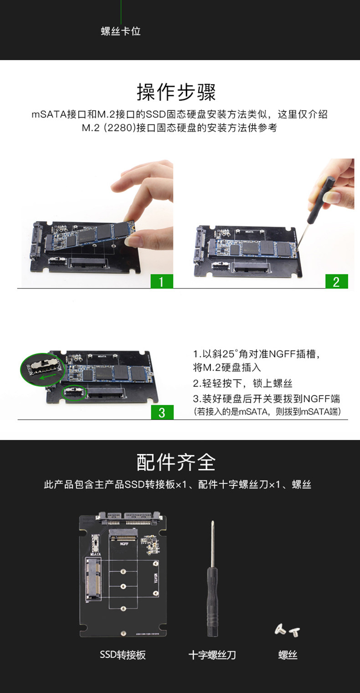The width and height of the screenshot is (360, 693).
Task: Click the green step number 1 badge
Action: (162, 281)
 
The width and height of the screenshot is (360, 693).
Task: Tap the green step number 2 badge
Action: (336, 281)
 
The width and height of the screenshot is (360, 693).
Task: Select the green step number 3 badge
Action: (162, 413)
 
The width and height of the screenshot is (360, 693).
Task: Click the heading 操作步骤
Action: (176, 92)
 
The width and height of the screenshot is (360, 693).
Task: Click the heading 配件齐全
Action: (176, 462)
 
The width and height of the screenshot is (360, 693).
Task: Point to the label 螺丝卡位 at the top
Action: (121, 31)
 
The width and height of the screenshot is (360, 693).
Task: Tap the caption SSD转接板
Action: (123, 655)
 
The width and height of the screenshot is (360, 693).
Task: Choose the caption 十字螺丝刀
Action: (212, 655)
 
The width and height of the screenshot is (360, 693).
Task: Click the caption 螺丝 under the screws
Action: (288, 655)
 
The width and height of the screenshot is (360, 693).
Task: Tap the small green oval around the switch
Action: (74, 393)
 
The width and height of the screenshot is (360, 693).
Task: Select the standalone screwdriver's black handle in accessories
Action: (212, 602)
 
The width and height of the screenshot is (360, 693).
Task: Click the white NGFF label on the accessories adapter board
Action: (124, 543)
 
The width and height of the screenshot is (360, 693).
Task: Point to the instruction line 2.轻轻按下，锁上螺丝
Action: (242, 383)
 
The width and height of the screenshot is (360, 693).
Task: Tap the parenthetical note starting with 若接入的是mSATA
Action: (267, 412)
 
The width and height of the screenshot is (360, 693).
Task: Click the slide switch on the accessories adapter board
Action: (96, 543)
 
